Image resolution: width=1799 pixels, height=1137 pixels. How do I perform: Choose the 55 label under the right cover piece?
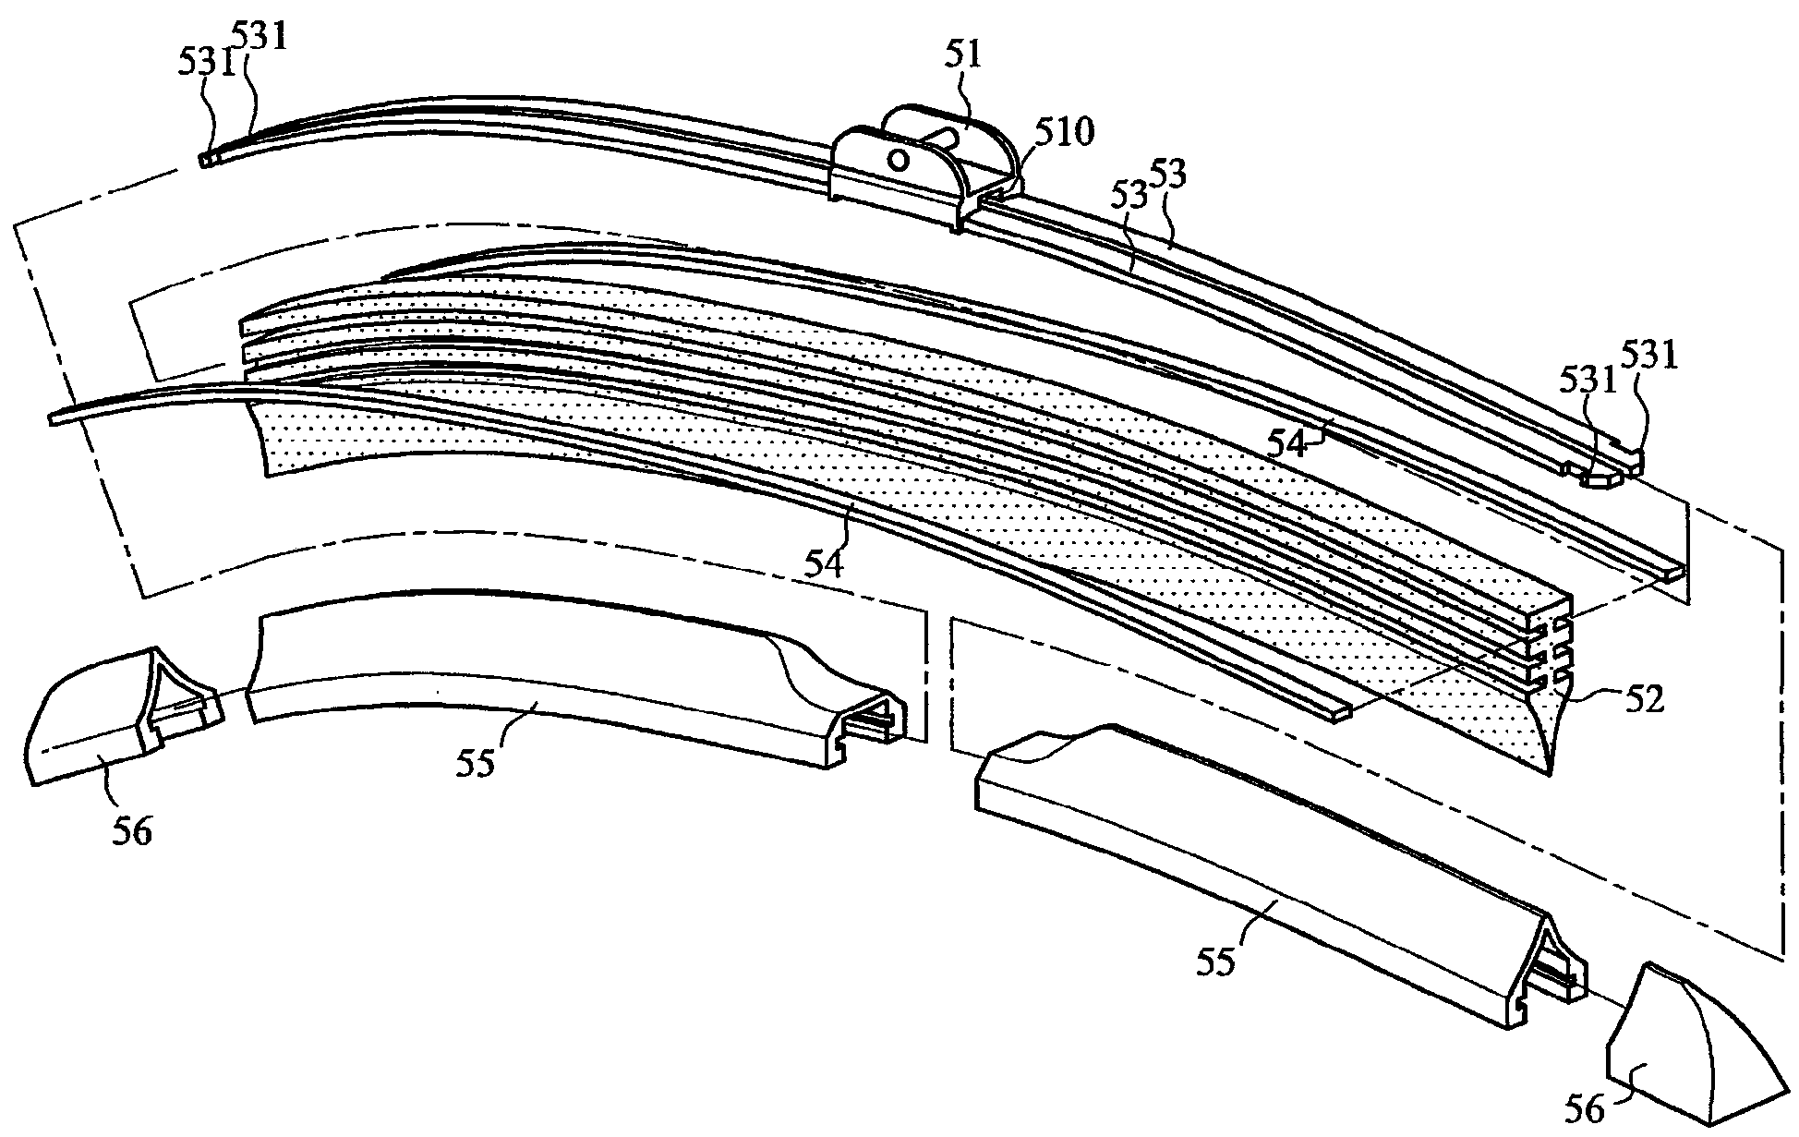(1215, 962)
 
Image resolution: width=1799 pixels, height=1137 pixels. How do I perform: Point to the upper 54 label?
(1287, 443)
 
